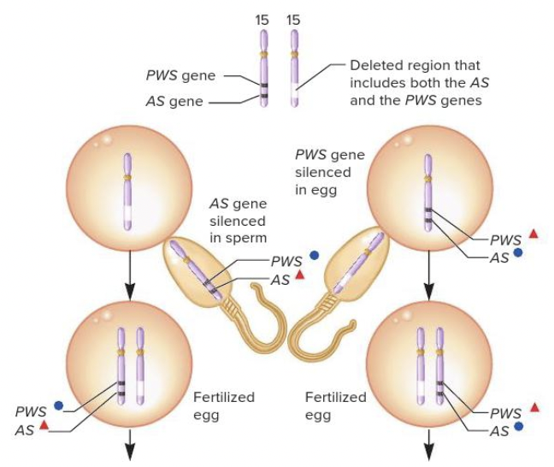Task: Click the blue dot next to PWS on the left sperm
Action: [x=314, y=255]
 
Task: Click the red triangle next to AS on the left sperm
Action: [x=299, y=275]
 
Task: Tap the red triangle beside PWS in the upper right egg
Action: [x=533, y=233]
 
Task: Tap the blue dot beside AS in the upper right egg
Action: [x=518, y=254]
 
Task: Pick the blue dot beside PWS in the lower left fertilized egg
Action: [x=58, y=405]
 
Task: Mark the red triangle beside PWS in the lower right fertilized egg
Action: [x=533, y=406]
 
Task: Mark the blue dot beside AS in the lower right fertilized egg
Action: [x=518, y=426]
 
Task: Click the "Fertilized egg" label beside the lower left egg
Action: [x=223, y=406]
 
